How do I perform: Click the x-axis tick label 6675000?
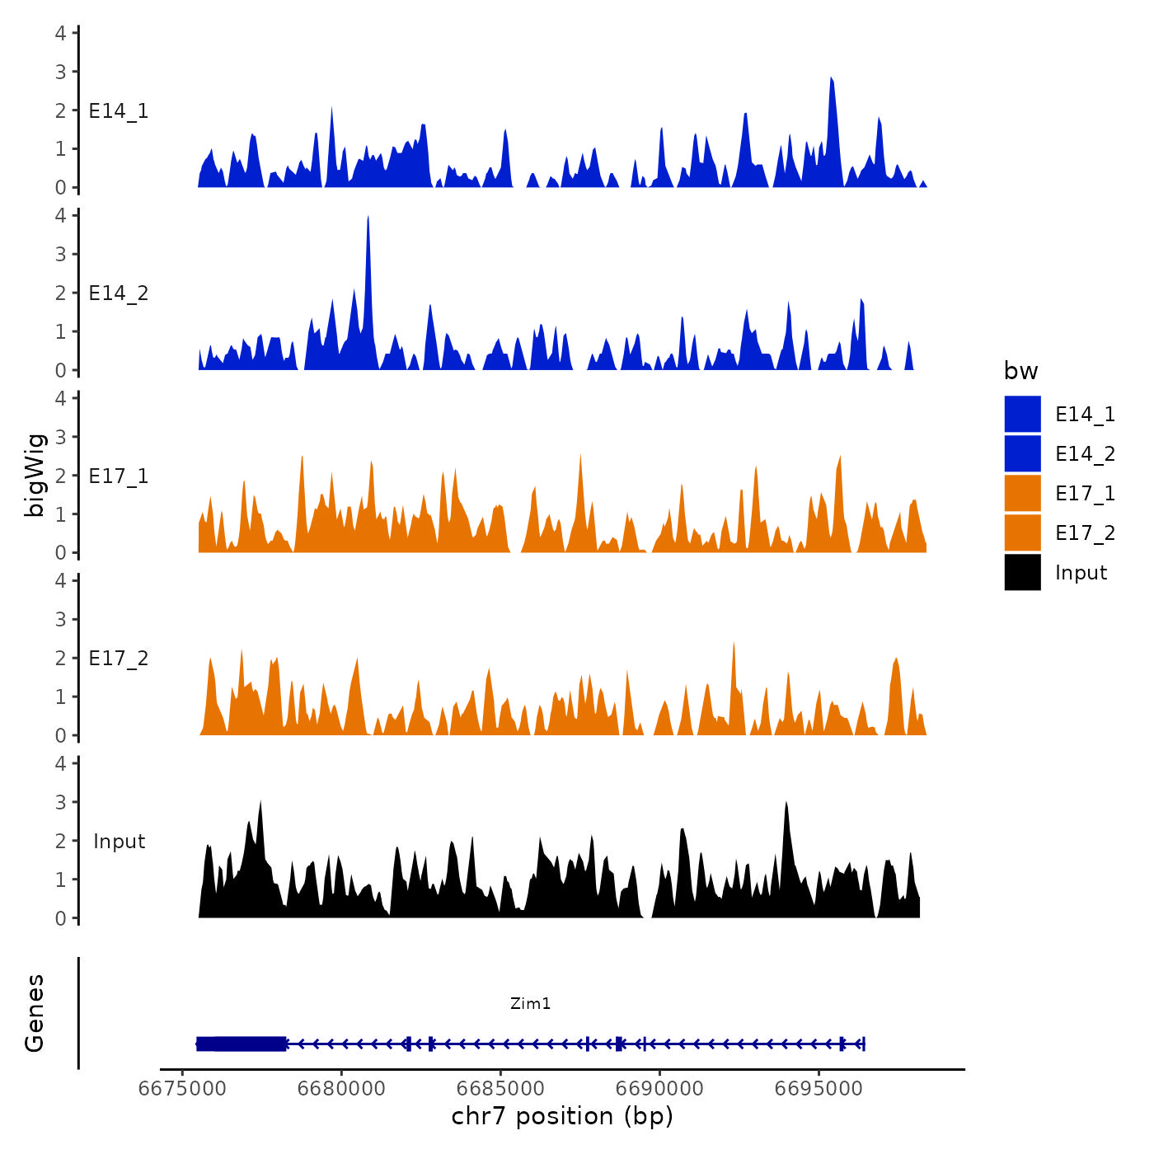[182, 1088]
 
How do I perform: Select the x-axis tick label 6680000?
[341, 1088]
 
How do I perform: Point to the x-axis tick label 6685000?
[501, 1088]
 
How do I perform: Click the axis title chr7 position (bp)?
[562, 1116]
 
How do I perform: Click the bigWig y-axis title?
[35, 476]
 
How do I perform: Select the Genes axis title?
[35, 1013]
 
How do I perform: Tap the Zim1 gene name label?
[530, 1003]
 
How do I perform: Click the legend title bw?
[1020, 371]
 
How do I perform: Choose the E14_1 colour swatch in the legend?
[1022, 414]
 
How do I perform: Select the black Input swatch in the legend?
[1022, 572]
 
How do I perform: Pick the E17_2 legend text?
[1085, 533]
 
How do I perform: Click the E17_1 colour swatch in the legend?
[1022, 493]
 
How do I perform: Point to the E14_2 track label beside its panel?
[119, 293]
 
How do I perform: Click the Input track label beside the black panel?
[119, 842]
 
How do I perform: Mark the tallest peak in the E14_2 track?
[368, 218]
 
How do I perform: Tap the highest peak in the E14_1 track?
[832, 79]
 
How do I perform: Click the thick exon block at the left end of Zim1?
[242, 1044]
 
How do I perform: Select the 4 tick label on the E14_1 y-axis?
[61, 33]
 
